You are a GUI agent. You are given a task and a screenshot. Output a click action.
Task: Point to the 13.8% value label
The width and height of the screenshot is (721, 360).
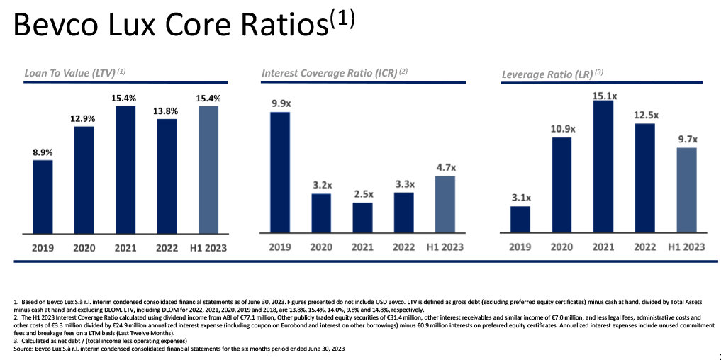(x=167, y=111)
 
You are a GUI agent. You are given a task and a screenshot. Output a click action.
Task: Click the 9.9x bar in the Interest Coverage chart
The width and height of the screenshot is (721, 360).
(x=280, y=172)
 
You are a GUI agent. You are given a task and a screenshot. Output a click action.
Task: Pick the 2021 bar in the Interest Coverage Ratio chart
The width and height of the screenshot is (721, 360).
(x=362, y=218)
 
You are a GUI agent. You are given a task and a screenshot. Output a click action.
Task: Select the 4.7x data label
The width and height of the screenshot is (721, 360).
(x=445, y=168)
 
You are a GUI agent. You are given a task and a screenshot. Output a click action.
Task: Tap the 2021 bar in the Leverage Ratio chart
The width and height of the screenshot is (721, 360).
(x=603, y=167)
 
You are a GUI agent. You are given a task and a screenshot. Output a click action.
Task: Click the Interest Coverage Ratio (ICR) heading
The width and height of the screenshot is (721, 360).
(x=334, y=72)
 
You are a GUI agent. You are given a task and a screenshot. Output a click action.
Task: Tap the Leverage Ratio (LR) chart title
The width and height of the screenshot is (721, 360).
(x=552, y=73)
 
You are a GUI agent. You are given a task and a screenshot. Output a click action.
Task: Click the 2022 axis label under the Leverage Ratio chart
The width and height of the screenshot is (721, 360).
(x=644, y=247)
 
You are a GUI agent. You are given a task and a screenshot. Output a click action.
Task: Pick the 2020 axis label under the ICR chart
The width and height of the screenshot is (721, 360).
(x=321, y=247)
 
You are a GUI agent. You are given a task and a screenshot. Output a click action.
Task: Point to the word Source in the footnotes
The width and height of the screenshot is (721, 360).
(x=24, y=350)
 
